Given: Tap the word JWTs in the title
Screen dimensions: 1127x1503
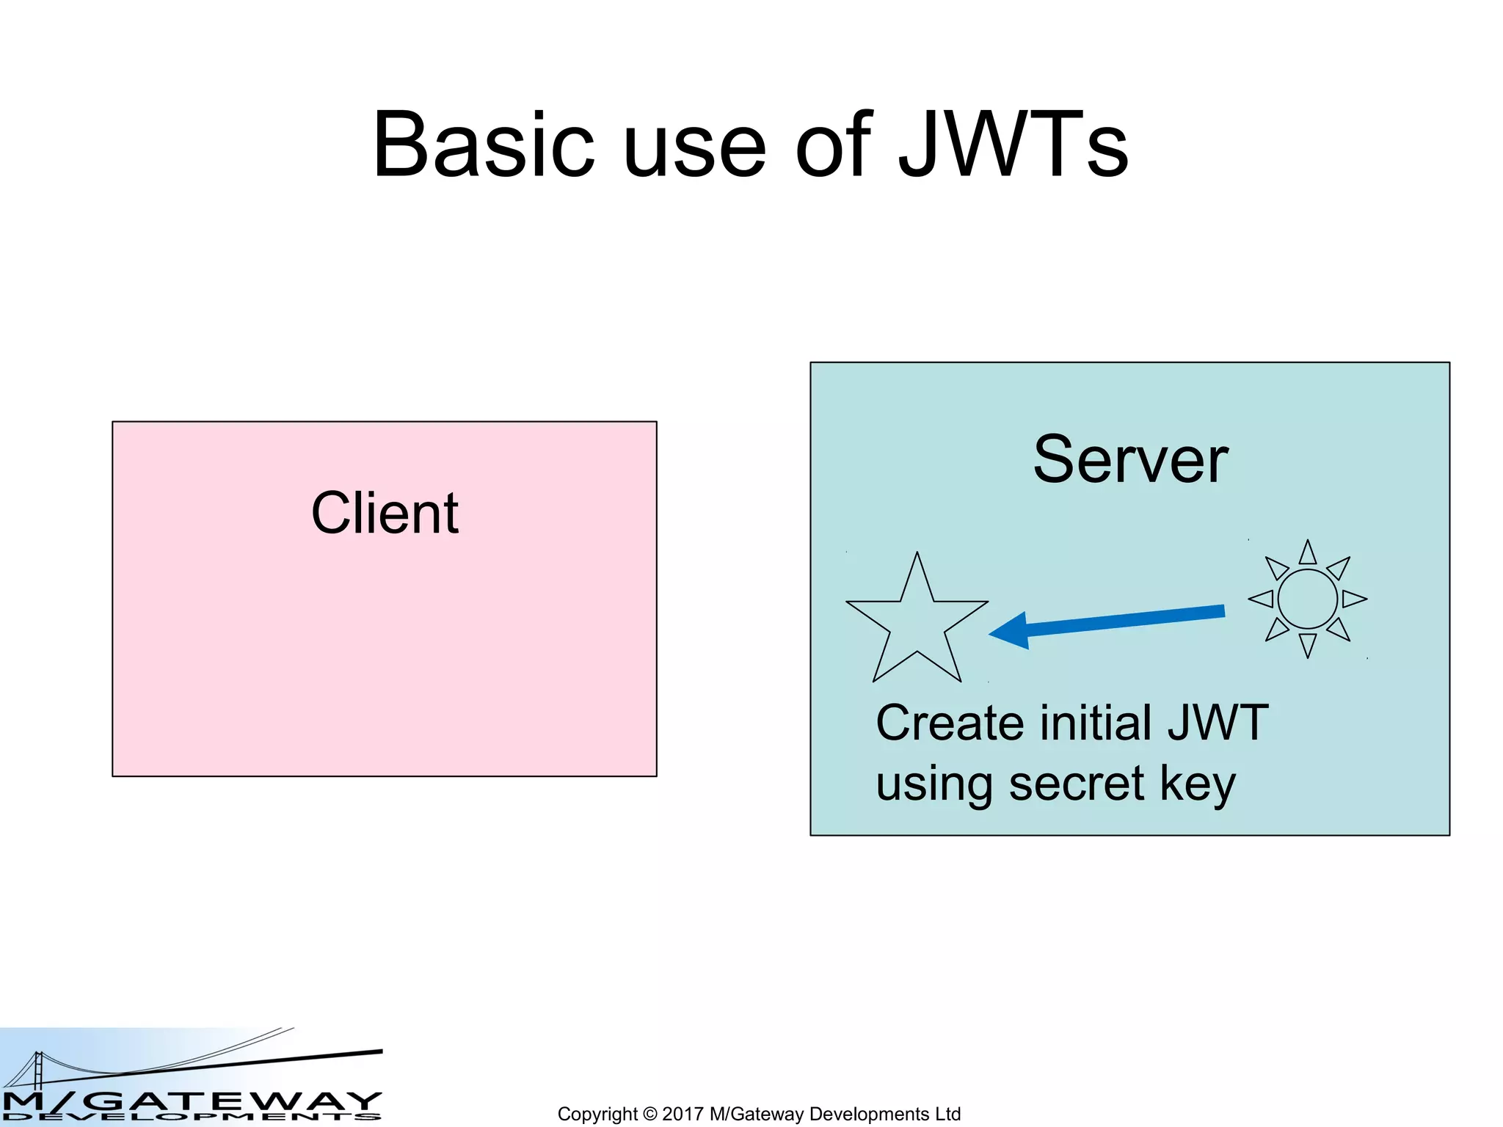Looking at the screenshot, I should (1013, 145).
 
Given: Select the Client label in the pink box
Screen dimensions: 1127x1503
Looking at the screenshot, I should (385, 513).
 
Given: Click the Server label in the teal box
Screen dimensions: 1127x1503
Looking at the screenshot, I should (1130, 460).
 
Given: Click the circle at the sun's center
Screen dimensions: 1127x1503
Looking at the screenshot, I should (1307, 599).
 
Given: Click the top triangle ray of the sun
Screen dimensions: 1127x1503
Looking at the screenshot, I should (1307, 554).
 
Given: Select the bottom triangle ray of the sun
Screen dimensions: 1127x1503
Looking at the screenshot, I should (1307, 644).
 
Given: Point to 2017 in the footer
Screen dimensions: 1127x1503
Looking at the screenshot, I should (683, 1114).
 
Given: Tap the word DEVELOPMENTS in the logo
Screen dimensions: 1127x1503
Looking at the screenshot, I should (191, 1117).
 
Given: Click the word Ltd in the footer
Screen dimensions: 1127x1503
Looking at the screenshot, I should (947, 1114).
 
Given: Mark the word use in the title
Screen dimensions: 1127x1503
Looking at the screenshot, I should (694, 145).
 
